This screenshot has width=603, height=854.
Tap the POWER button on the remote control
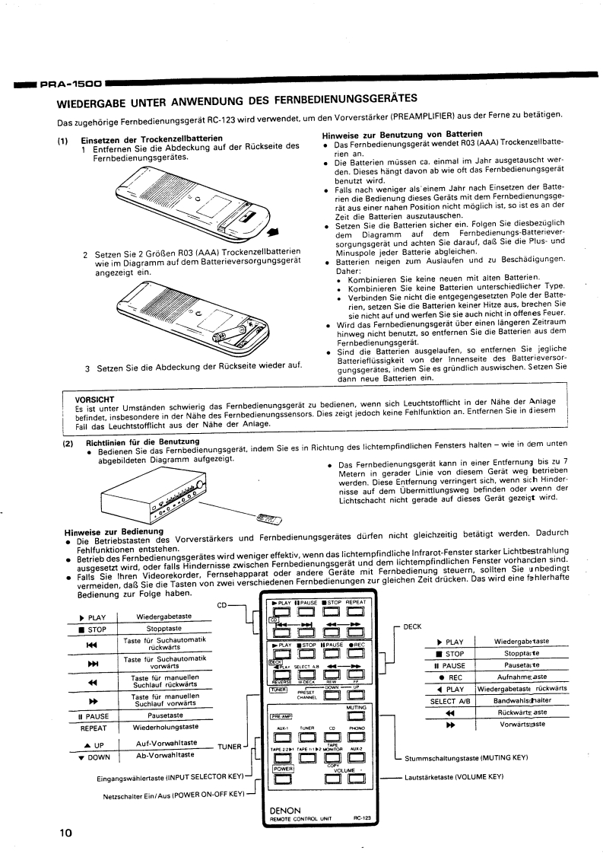click(x=283, y=778)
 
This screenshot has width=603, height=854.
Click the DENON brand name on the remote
click(x=284, y=811)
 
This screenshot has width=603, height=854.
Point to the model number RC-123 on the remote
click(x=361, y=819)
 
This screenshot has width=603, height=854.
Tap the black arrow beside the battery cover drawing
click(x=271, y=233)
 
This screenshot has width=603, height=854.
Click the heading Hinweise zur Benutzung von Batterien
click(x=392, y=134)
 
